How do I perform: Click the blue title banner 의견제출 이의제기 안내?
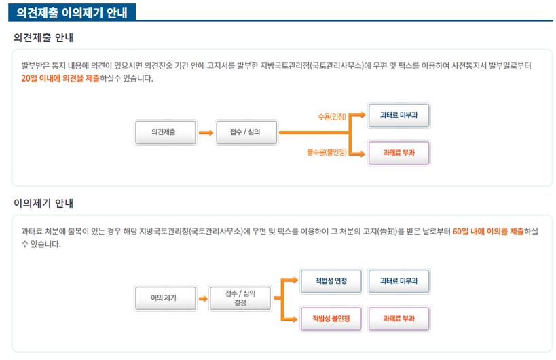[72, 12]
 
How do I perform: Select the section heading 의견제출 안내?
[43, 37]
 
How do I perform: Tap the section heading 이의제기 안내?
[43, 203]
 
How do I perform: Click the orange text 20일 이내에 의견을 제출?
[60, 78]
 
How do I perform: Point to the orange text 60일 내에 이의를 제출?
[488, 232]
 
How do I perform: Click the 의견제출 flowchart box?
[166, 132]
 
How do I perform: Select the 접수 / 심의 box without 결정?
[246, 132]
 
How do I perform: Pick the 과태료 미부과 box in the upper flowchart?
[399, 115]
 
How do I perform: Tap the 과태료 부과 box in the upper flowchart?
[399, 153]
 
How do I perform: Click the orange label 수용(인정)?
[332, 117]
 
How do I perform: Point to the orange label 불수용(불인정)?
[327, 153]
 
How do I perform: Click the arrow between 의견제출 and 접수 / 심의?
[206, 133]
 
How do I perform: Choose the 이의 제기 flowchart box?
[166, 298]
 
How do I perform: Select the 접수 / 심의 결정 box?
[240, 298]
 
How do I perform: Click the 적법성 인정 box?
[331, 281]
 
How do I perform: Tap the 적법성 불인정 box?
[331, 319]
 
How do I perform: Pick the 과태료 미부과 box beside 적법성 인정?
[399, 281]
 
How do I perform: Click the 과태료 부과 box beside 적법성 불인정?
[399, 319]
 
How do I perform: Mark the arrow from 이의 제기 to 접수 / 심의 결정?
[203, 299]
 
